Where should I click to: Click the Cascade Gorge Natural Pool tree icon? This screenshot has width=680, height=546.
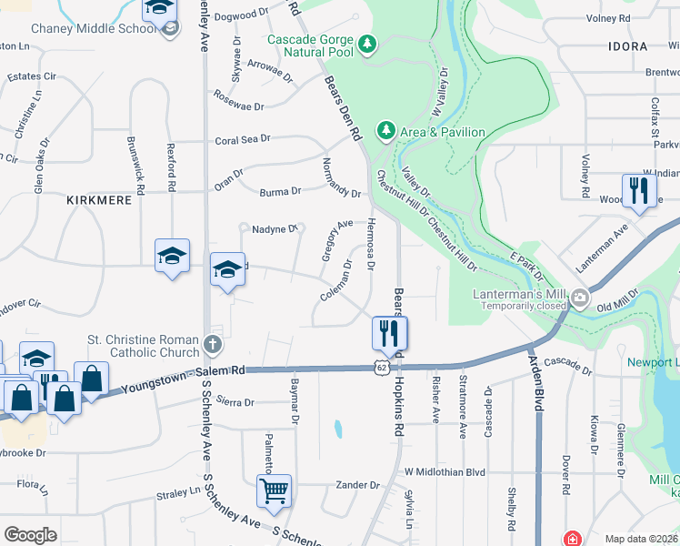coord(367,43)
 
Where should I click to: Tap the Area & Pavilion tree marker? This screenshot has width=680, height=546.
coord(386,132)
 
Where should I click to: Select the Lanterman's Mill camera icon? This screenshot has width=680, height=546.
coord(578,298)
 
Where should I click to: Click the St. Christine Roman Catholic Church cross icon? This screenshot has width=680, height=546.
coord(212,343)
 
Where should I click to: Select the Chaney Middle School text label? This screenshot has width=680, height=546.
coord(94,28)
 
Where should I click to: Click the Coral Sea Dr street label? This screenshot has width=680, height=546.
coord(243,141)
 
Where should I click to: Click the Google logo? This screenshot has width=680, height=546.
coord(30,534)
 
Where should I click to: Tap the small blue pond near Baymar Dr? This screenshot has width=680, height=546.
coord(338,428)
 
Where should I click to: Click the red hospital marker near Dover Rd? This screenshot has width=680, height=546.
coord(572,538)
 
